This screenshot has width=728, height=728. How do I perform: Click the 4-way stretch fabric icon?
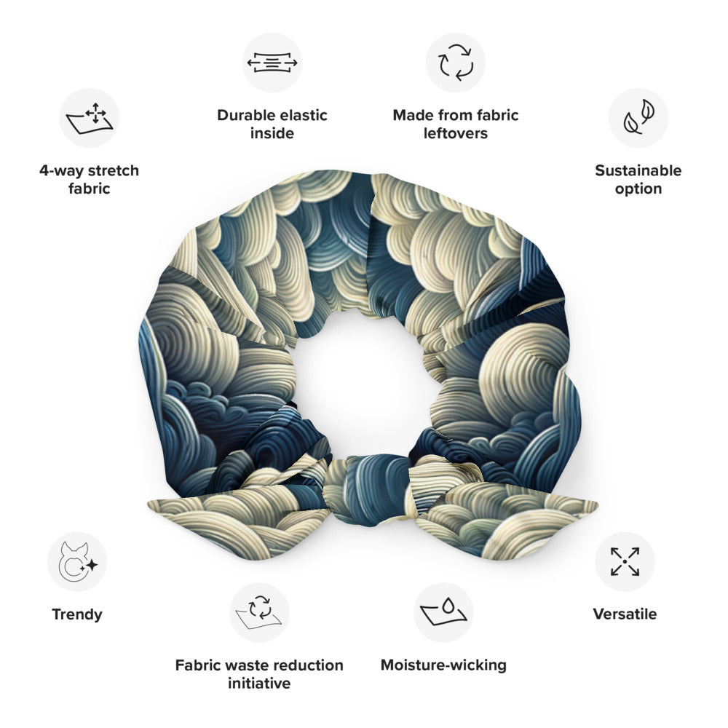(x=89, y=118)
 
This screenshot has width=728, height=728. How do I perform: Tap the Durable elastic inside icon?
(x=272, y=63)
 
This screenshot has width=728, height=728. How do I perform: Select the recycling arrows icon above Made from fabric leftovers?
(x=456, y=63)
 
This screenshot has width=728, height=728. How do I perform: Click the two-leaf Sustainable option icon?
(x=638, y=118)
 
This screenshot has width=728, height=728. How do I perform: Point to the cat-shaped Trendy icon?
(x=77, y=561)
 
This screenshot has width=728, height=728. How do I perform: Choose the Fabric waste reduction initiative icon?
(x=259, y=612)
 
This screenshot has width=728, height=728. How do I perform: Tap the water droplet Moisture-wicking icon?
(x=443, y=612)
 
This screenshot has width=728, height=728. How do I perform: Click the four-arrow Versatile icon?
(x=625, y=561)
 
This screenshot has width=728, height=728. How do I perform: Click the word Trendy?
(x=77, y=614)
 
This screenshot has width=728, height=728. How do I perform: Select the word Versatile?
(x=625, y=614)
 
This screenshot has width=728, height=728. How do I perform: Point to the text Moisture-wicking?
(x=443, y=665)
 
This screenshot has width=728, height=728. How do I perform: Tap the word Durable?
(x=242, y=115)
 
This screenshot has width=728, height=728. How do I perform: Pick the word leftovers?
(x=456, y=133)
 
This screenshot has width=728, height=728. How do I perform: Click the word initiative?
(x=259, y=683)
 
